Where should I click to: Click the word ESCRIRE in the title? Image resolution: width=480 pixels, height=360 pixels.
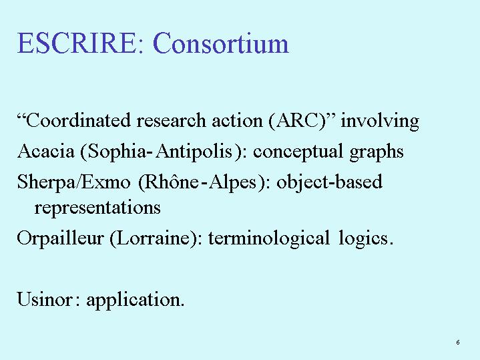[76, 43]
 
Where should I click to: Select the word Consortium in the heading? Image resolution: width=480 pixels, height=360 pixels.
[221, 43]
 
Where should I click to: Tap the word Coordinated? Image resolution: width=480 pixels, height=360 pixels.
[78, 120]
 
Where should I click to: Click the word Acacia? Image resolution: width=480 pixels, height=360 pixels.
[46, 151]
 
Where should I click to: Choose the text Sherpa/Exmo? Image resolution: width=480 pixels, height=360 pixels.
[74, 182]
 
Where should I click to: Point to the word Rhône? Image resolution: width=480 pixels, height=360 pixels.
[171, 182]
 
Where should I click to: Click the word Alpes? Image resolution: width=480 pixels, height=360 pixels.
[232, 182]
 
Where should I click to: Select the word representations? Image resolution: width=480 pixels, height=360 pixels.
[97, 208]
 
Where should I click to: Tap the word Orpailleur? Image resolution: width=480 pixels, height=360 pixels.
[60, 238]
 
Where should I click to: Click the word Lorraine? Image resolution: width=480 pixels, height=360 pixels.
[154, 238]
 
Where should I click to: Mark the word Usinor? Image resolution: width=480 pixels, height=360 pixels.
[45, 299]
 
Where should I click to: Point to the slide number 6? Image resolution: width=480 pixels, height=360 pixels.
[458, 342]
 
